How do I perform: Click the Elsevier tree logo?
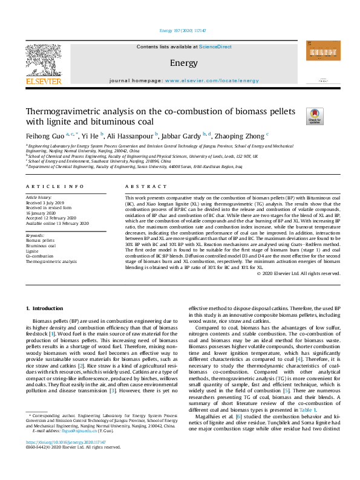pyautogui.click(x=43, y=59)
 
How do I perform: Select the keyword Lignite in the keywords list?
pyautogui.click(x=32, y=251)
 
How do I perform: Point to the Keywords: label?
pyautogui.click(x=36, y=235)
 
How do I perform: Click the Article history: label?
pyautogui.click(x=39, y=197)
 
